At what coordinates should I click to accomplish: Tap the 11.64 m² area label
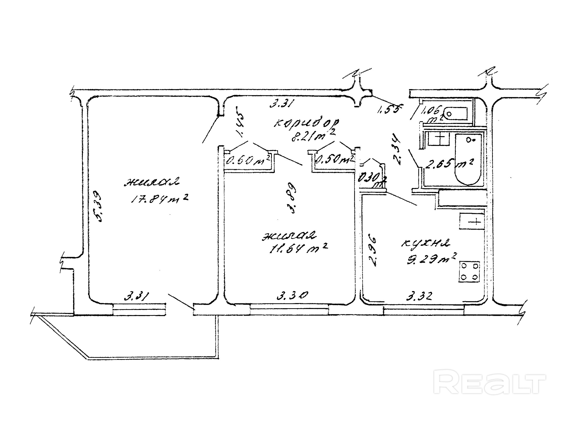(298, 248)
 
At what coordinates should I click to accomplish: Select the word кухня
(425, 243)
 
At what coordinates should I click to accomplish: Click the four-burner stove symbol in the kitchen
(469, 272)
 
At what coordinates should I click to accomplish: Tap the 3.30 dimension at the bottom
(292, 295)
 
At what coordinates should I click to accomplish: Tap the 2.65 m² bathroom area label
(449, 163)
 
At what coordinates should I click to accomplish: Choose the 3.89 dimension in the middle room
(292, 198)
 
